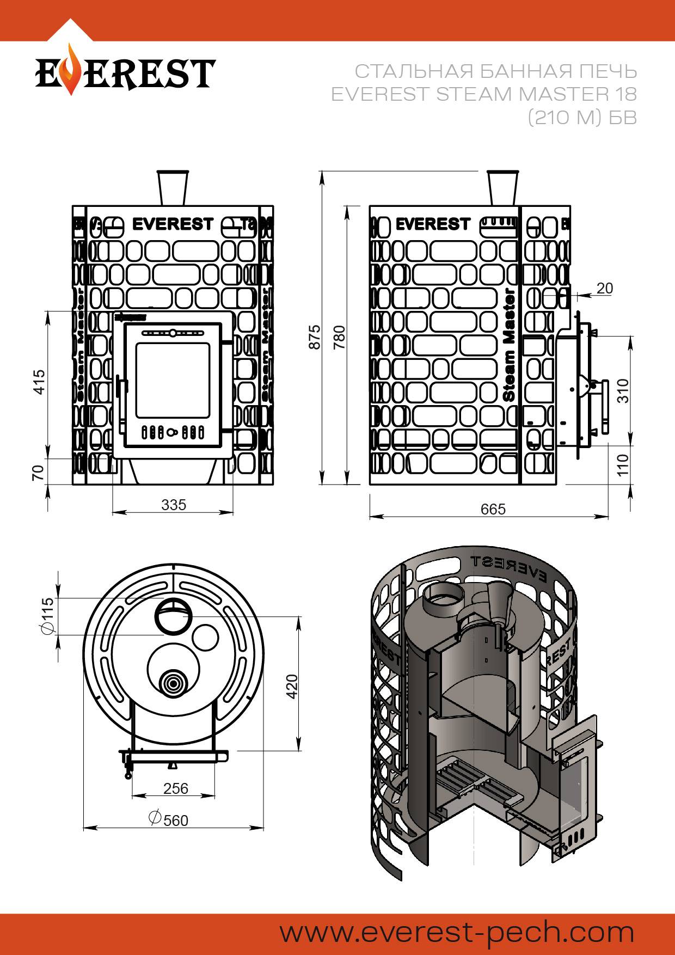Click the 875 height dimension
315,337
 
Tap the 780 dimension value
339,337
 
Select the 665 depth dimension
493,509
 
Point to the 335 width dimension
174,505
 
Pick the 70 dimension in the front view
38,472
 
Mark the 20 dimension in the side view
604,289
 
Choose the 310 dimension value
623,390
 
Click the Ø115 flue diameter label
48,616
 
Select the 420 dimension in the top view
292,686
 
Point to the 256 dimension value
175,788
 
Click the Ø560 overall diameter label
169,819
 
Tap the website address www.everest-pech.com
457,932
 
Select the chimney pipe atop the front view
173,188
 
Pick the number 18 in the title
626,94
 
